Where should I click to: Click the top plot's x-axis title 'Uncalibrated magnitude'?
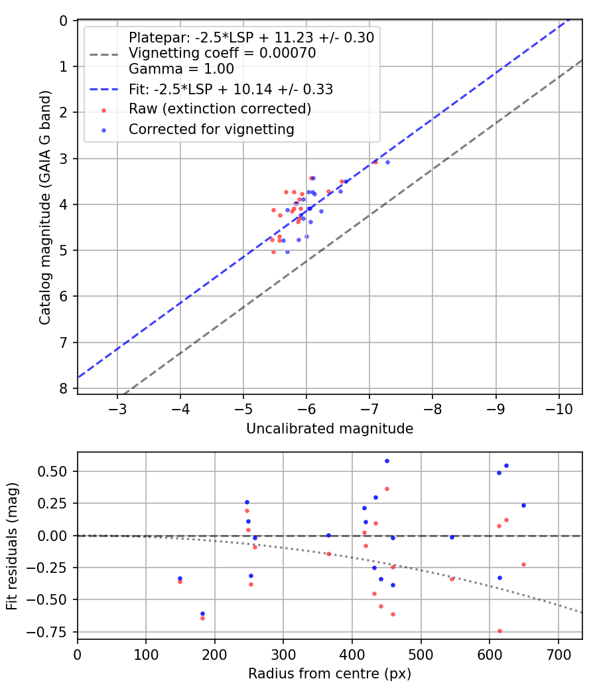tap(330, 429)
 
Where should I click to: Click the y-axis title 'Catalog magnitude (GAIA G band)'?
tap(44, 207)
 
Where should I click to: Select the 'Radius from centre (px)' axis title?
tap(330, 674)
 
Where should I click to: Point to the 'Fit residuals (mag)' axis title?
tap(12, 546)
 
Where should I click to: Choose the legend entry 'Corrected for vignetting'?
tap(212, 129)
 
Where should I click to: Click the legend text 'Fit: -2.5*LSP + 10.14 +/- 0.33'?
tap(231, 89)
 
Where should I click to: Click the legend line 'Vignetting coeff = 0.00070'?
tap(222, 53)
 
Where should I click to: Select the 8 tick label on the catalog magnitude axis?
tap(64, 389)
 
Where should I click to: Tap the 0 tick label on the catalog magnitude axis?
tap(64, 21)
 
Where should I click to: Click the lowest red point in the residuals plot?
tap(499, 631)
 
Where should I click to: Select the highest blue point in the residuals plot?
tap(387, 461)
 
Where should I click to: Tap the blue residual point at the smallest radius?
tap(180, 578)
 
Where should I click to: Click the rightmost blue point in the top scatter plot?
tap(387, 162)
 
